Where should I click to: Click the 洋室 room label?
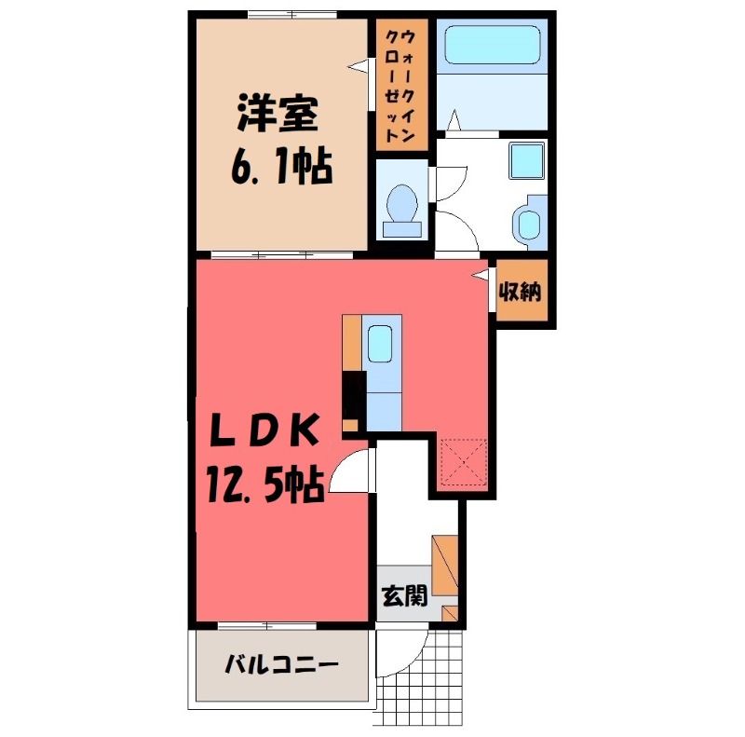[278, 114]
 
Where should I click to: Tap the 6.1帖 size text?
[282, 167]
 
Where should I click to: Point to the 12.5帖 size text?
[265, 485]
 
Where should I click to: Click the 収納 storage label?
[521, 291]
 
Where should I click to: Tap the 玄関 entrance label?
[405, 594]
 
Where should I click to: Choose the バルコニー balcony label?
[282, 663]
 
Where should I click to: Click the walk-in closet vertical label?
[400, 85]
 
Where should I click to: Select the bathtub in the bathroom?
[493, 44]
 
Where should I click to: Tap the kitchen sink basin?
[380, 343]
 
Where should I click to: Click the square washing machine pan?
[526, 160]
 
